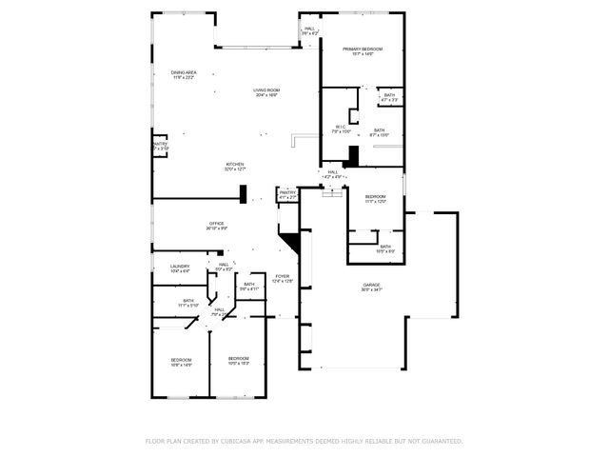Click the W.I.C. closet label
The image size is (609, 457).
tap(340, 129)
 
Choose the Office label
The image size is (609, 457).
tap(217, 226)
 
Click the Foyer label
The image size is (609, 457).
tap(283, 278)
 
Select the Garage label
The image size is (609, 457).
tap(371, 287)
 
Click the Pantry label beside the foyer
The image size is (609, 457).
tap(287, 194)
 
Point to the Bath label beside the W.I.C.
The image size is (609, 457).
tap(379, 132)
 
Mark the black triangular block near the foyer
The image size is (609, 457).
tap(293, 242)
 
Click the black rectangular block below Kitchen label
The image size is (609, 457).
tap(245, 192)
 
